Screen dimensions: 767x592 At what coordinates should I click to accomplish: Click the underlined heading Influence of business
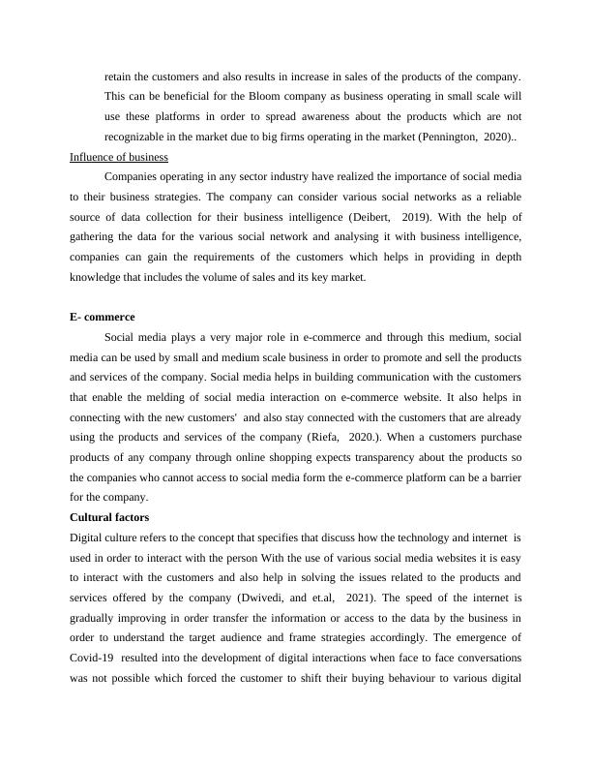[x=119, y=157]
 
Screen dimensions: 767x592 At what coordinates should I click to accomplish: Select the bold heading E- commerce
[x=102, y=318]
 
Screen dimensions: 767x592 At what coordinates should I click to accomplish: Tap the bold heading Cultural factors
[x=110, y=517]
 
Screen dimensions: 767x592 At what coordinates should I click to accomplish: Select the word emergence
[x=468, y=638]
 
